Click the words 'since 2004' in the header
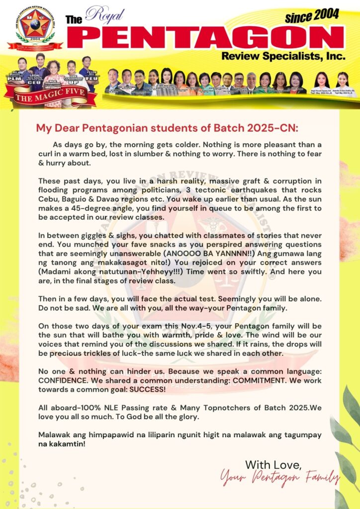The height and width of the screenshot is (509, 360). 312,16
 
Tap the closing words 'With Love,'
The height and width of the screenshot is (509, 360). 273,465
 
